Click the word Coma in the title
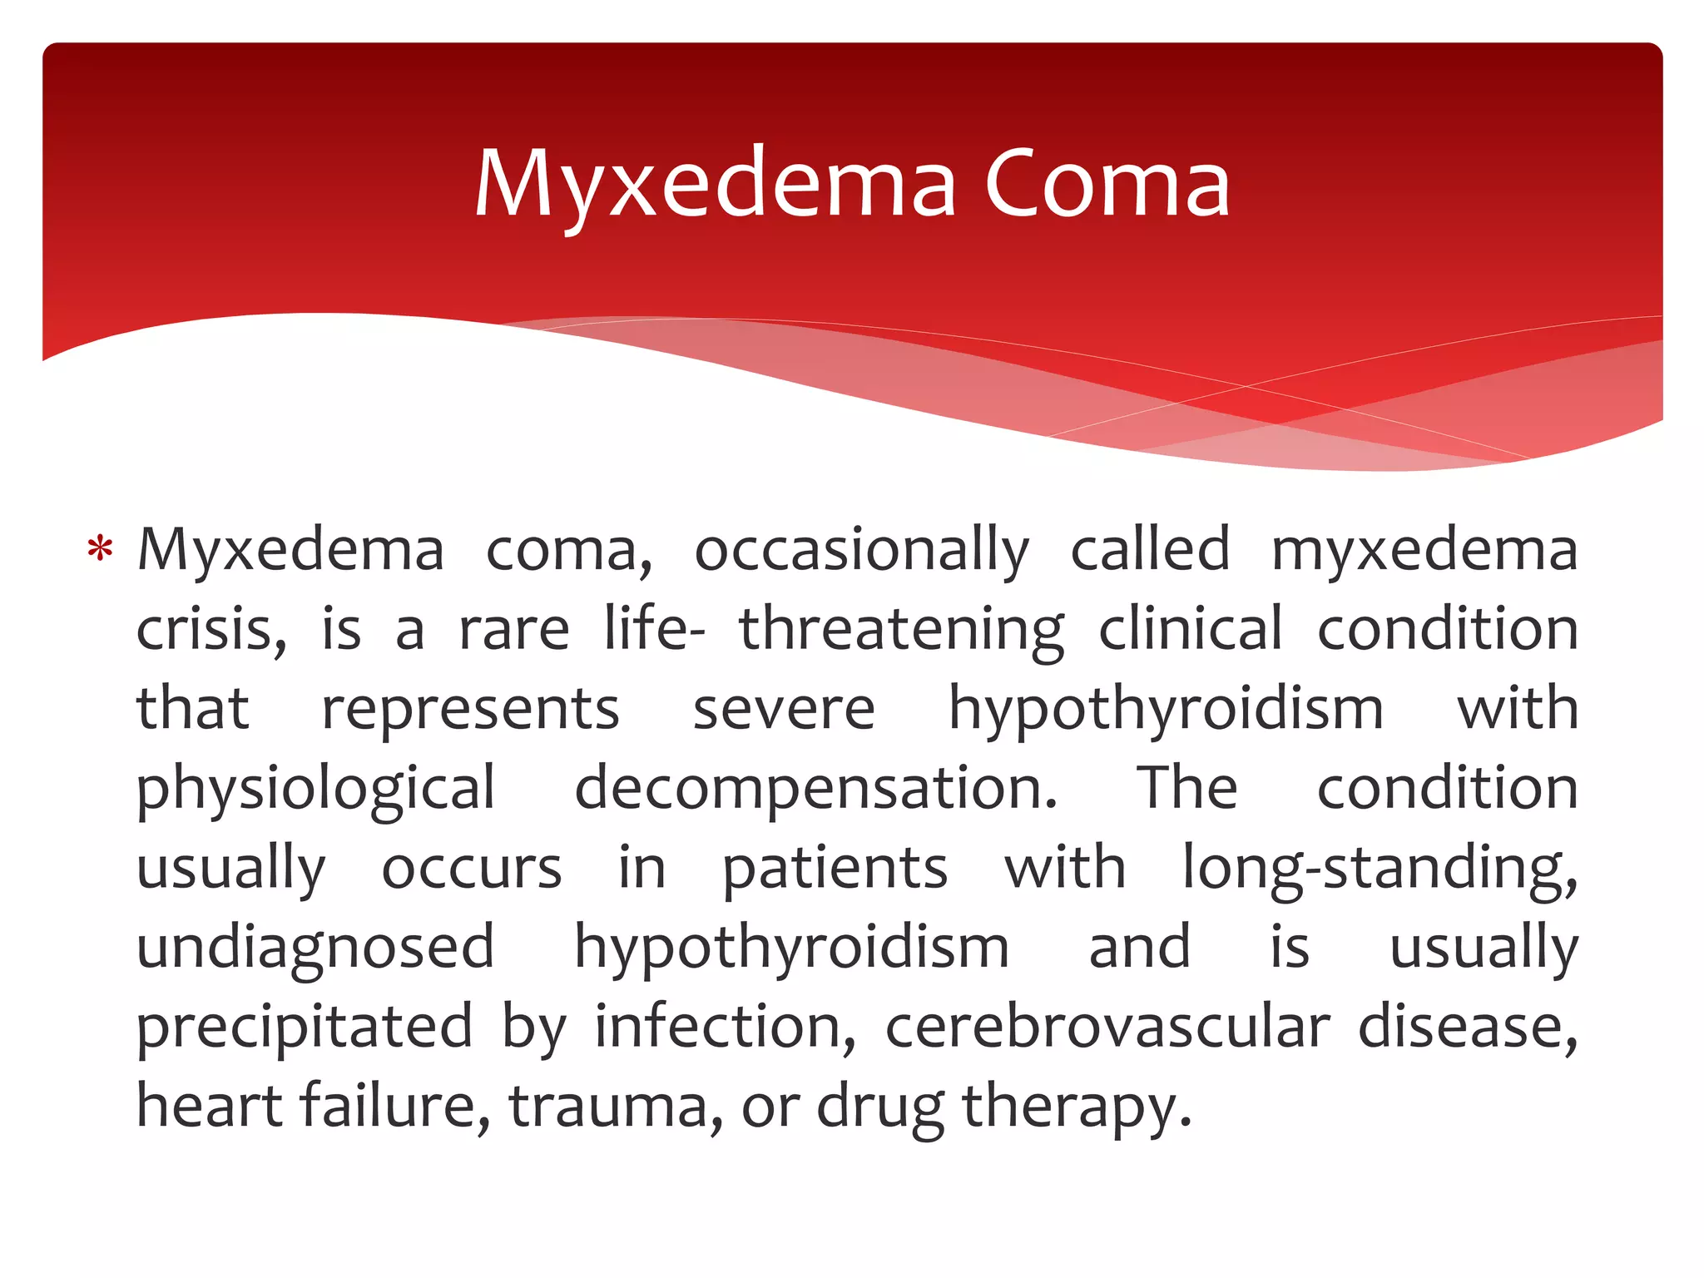pos(1107,185)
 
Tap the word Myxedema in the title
pos(716,185)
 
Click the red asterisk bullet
pos(100,550)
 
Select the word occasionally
pos(862,551)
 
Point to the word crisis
pos(211,630)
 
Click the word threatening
pos(901,630)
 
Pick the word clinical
pos(1191,630)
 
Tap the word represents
pos(471,710)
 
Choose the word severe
pos(784,710)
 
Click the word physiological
pos(316,789)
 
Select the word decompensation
pos(815,789)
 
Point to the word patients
pos(835,869)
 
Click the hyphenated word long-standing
pos(1380,869)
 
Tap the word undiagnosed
pos(316,948)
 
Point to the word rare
pos(514,630)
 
